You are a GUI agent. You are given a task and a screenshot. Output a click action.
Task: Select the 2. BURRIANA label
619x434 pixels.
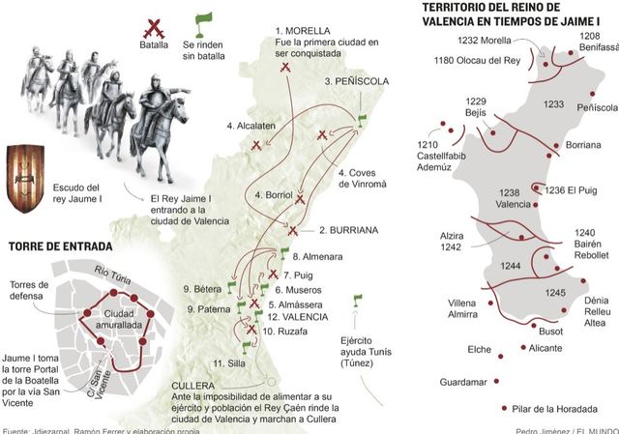pos(347,230)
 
